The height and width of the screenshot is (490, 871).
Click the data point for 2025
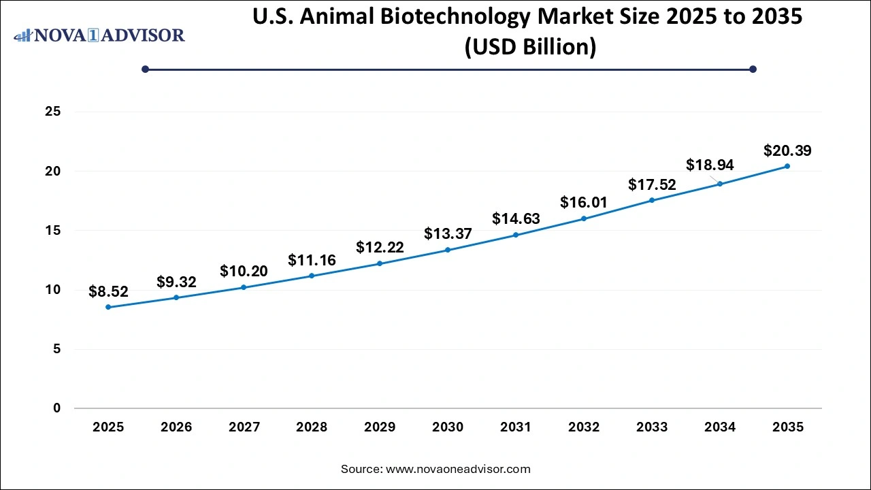pyautogui.click(x=108, y=307)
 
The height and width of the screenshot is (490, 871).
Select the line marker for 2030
pyautogui.click(x=448, y=250)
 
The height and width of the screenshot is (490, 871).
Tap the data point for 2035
pyautogui.click(x=787, y=166)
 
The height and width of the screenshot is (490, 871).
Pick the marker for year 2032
pyautogui.click(x=584, y=218)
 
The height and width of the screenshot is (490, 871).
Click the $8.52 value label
pyautogui.click(x=108, y=291)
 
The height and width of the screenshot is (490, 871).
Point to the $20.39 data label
pyautogui.click(x=787, y=150)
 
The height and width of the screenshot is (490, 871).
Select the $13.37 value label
pyautogui.click(x=448, y=233)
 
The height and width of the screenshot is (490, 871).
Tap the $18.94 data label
pyautogui.click(x=710, y=165)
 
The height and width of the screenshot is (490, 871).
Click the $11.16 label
pyautogui.click(x=312, y=259)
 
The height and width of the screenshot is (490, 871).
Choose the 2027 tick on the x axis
pyautogui.click(x=244, y=427)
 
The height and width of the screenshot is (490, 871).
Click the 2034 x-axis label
pyautogui.click(x=720, y=427)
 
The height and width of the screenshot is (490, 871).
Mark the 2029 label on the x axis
pyautogui.click(x=380, y=427)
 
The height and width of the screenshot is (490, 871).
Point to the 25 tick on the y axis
pyautogui.click(x=52, y=112)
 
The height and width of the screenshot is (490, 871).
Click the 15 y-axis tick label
pyautogui.click(x=52, y=231)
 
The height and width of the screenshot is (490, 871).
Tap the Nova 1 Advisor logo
pyautogui.click(x=99, y=35)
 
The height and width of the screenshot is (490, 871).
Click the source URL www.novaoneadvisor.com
pyautogui.click(x=458, y=469)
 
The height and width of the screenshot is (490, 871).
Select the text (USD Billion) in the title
pyautogui.click(x=529, y=47)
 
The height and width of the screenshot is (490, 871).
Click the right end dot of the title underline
pyautogui.click(x=753, y=69)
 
